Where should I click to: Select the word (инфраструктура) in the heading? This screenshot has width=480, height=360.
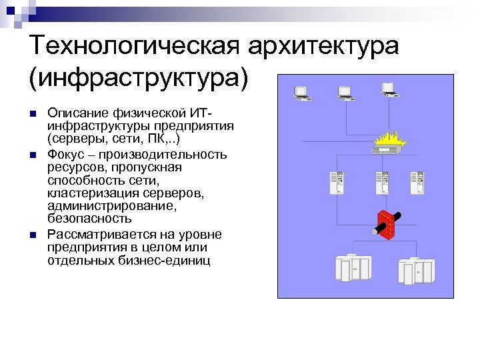(x=139, y=79)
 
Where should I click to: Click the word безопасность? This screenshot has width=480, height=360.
(x=90, y=218)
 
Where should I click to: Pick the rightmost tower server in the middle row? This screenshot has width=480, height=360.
(x=417, y=182)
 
